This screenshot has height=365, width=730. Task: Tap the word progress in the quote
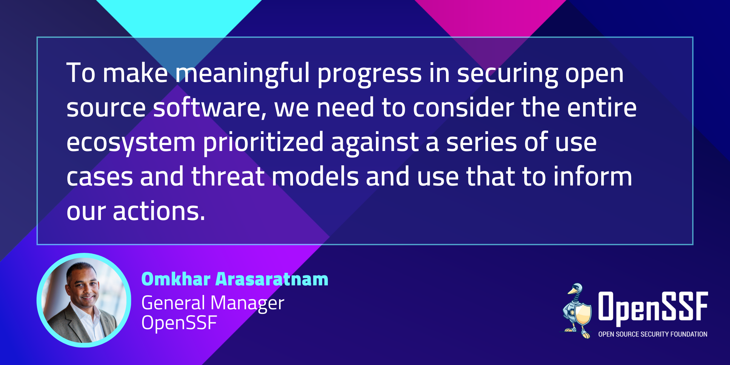370,75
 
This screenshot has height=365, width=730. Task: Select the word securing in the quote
508,75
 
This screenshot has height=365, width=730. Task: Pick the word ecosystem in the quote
131,143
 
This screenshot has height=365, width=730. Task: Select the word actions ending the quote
159,211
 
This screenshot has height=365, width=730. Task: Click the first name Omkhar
176,279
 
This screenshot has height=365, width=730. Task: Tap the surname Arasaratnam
272,279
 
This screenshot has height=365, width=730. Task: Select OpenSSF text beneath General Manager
179,323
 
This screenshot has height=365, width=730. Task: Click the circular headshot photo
84,300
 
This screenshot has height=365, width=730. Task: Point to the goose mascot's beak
571,291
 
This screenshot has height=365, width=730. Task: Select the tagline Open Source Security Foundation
653,334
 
